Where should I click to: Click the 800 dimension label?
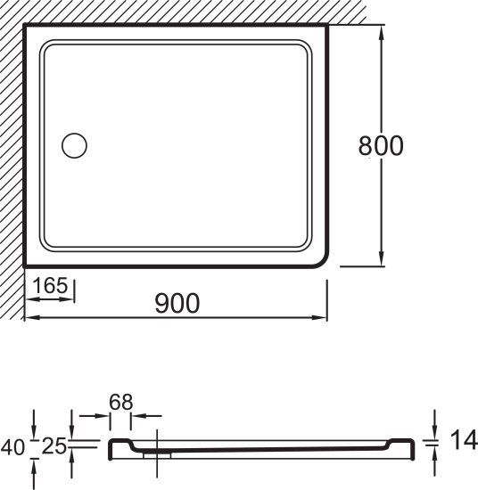click(381, 145)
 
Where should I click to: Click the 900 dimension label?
click(177, 303)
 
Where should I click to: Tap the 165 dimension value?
click(50, 285)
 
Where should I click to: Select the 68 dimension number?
click(120, 402)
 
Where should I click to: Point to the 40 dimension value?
click(12, 447)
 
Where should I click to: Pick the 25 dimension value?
click(54, 446)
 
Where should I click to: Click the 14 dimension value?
click(464, 439)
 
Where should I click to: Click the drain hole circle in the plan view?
click(74, 145)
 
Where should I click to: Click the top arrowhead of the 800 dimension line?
click(381, 32)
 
